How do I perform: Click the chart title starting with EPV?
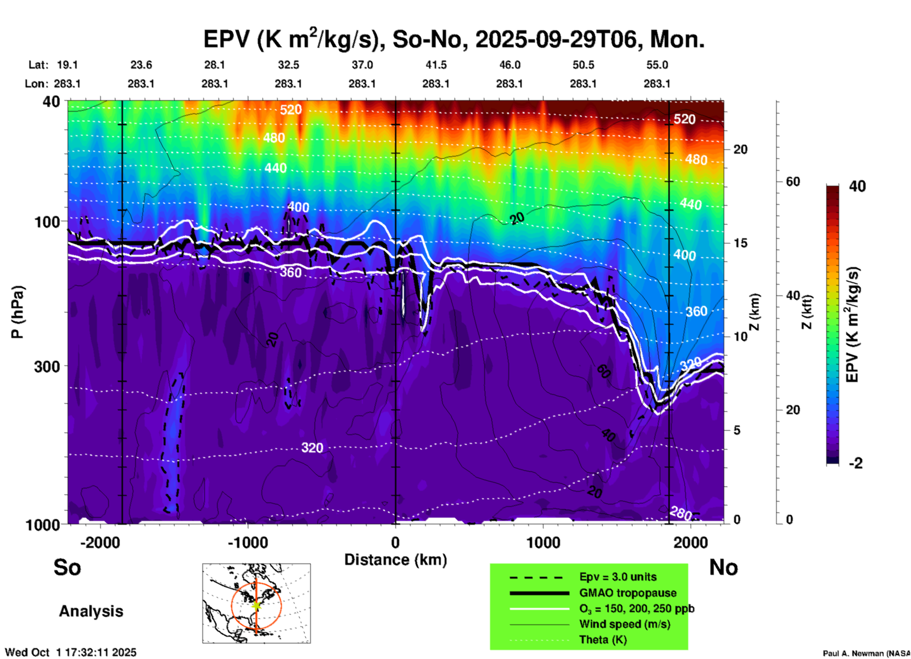click(454, 39)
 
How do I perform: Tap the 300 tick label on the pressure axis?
click(47, 366)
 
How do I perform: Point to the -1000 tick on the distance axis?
click(247, 542)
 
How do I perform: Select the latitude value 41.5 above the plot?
click(436, 65)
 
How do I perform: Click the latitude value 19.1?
click(67, 65)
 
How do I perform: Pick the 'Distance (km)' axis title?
click(395, 560)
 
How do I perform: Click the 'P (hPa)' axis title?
click(18, 312)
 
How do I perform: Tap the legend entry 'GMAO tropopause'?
click(628, 593)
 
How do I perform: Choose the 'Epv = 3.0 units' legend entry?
click(618, 577)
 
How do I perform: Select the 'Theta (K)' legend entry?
click(603, 640)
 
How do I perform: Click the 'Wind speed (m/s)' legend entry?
click(624, 624)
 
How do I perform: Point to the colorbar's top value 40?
click(857, 186)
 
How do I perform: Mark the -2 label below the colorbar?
click(856, 463)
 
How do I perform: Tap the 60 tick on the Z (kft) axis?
click(793, 182)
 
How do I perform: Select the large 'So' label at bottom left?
click(67, 567)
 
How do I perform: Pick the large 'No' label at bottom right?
click(723, 567)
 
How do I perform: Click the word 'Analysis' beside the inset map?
click(91, 611)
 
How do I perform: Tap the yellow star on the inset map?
click(256, 605)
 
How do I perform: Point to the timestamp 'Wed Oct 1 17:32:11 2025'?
click(70, 652)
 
